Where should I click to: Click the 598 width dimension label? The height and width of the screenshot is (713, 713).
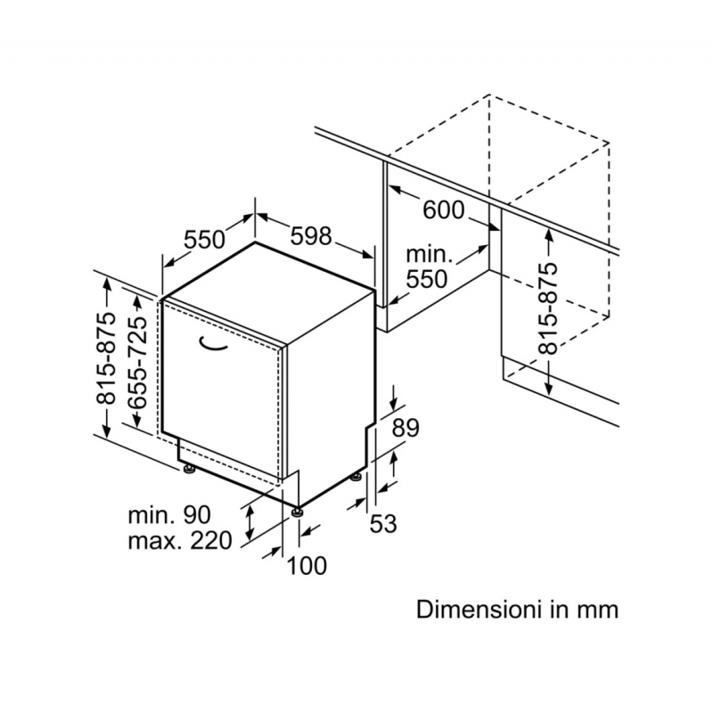311,236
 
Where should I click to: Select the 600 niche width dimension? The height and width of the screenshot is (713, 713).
443,210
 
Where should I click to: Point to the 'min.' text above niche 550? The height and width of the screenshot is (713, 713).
430,255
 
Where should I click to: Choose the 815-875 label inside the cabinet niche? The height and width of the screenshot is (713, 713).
550,307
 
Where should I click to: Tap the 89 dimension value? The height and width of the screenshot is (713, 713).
406,428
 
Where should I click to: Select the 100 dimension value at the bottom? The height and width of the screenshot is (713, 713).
307,565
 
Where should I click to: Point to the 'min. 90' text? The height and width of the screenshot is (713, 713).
168,514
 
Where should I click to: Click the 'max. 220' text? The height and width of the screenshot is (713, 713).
179,540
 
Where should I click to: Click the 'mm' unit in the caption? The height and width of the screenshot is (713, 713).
598,611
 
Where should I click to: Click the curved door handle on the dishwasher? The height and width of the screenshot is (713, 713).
213,342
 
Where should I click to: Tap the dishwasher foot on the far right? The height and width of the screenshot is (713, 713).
358,477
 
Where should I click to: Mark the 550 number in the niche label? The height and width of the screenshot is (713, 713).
426,279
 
